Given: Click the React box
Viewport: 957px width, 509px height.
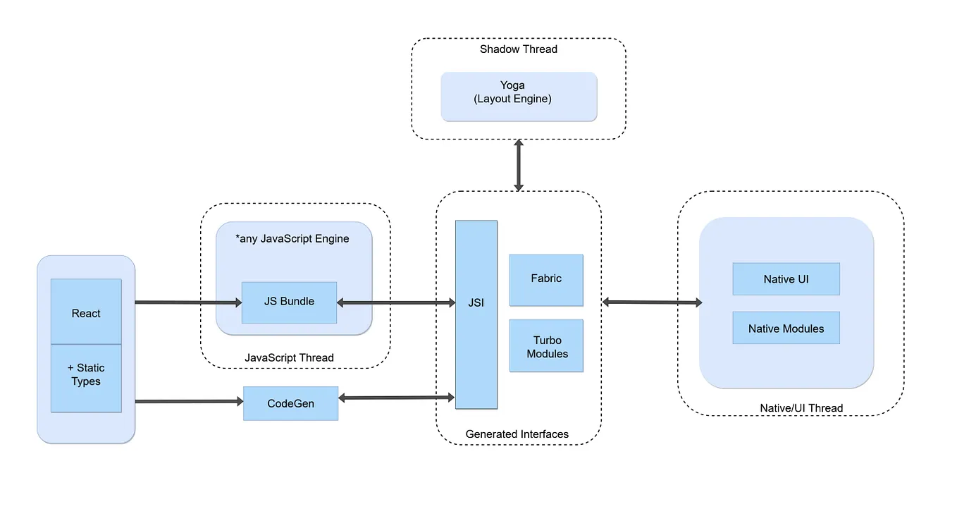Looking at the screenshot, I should click(x=86, y=312).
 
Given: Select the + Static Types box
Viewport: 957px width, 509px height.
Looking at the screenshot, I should click(x=86, y=377).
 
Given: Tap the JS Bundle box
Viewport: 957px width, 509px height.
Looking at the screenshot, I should click(x=289, y=302).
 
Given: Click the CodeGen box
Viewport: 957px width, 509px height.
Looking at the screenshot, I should click(x=290, y=403).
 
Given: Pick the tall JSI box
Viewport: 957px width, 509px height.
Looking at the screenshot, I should click(x=476, y=314).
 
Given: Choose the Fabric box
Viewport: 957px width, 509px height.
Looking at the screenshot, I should click(x=546, y=280).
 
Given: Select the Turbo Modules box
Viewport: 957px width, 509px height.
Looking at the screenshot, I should click(x=546, y=345).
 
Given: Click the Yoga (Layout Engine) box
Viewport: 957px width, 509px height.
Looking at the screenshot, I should click(x=519, y=96).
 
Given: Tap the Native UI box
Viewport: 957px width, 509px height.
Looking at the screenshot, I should click(x=786, y=279).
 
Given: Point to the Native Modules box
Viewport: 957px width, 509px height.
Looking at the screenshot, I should click(x=786, y=328).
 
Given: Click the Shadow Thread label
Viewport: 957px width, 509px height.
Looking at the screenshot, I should click(x=519, y=49).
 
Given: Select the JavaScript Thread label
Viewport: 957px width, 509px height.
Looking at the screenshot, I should click(x=289, y=357).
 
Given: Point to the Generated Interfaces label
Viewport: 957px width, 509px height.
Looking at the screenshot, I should click(x=517, y=434).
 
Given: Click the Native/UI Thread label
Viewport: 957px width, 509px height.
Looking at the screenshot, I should click(x=801, y=407).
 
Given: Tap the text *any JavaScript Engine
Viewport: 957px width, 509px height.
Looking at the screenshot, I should click(x=292, y=239).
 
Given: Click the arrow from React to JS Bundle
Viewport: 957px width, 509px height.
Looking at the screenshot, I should click(x=187, y=302).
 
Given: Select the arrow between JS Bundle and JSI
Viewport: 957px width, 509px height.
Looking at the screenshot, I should click(x=395, y=302).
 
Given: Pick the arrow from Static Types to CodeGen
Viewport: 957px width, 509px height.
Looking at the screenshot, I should click(x=187, y=402).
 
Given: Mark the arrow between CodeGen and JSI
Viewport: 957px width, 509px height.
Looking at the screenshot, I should click(x=396, y=398).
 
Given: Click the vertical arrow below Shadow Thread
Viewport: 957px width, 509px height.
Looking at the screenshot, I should click(x=519, y=165).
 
